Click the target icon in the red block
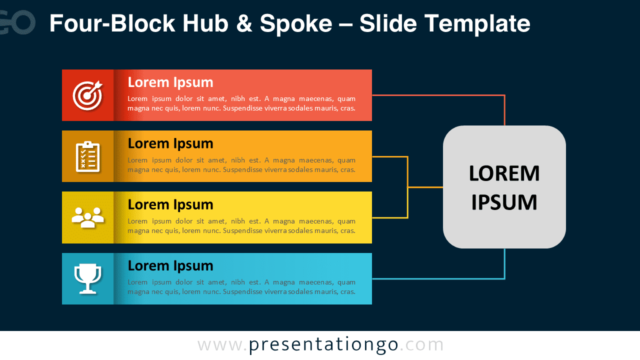tap(87, 95)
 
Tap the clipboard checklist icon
tap(87, 156)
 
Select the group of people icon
tap(87, 217)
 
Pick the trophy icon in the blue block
tap(87, 278)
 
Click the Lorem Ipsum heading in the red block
tap(170, 82)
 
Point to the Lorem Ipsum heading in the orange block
tap(170, 143)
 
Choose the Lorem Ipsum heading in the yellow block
tap(170, 204)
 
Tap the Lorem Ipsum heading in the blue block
tap(170, 265)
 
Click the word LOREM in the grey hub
tap(504, 173)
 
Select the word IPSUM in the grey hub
tap(504, 202)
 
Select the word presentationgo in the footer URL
tap(323, 345)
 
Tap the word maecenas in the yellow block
tap(315, 221)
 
